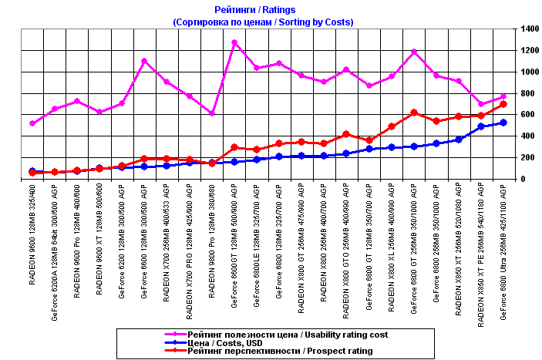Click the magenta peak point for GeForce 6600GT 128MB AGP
(x=234, y=42)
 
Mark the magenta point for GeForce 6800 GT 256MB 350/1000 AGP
(x=414, y=52)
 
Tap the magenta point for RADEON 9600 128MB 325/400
(x=32, y=123)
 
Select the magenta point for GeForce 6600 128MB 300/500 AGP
(x=144, y=61)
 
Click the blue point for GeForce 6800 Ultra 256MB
(x=503, y=123)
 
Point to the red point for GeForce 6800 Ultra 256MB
(x=503, y=104)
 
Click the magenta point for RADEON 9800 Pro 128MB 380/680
(x=212, y=113)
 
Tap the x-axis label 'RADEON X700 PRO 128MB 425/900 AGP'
(x=190, y=251)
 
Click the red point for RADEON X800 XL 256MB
(x=392, y=126)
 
